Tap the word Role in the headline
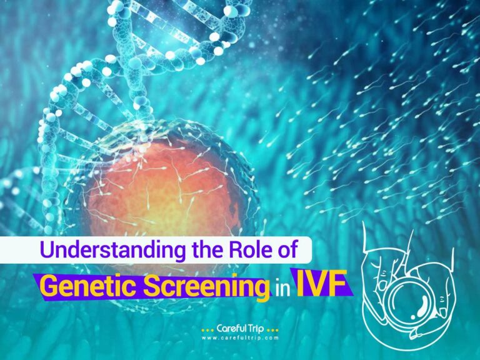pyautogui.click(x=257, y=251)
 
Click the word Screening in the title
pyautogui.click(x=201, y=286)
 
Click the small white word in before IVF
pyautogui.click(x=281, y=287)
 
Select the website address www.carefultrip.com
pyautogui.click(x=241, y=338)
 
